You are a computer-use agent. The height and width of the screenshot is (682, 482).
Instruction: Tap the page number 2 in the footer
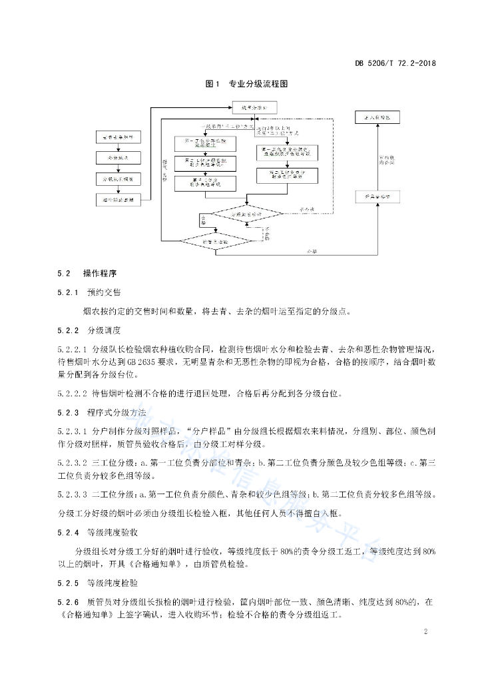[x=425, y=631]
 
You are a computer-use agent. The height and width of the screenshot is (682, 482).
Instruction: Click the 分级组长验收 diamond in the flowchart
[x=246, y=216]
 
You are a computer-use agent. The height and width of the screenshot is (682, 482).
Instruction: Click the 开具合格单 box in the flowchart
[x=377, y=197]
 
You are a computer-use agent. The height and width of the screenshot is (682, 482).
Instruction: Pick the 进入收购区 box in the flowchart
[x=377, y=117]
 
